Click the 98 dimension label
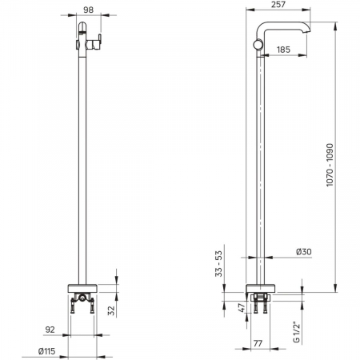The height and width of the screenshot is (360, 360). click(89, 10)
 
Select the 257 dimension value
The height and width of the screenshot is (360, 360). click(278, 5)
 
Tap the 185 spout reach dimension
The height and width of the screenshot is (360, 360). click(283, 50)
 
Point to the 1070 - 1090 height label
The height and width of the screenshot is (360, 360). click(330, 165)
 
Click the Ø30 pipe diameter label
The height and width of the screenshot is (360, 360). click(304, 252)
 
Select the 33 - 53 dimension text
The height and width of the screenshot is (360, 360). click(218, 264)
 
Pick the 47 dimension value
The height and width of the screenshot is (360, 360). click(241, 308)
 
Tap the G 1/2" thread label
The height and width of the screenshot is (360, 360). click(297, 332)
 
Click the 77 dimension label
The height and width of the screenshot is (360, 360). click(258, 343)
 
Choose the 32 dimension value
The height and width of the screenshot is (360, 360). click(111, 310)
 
